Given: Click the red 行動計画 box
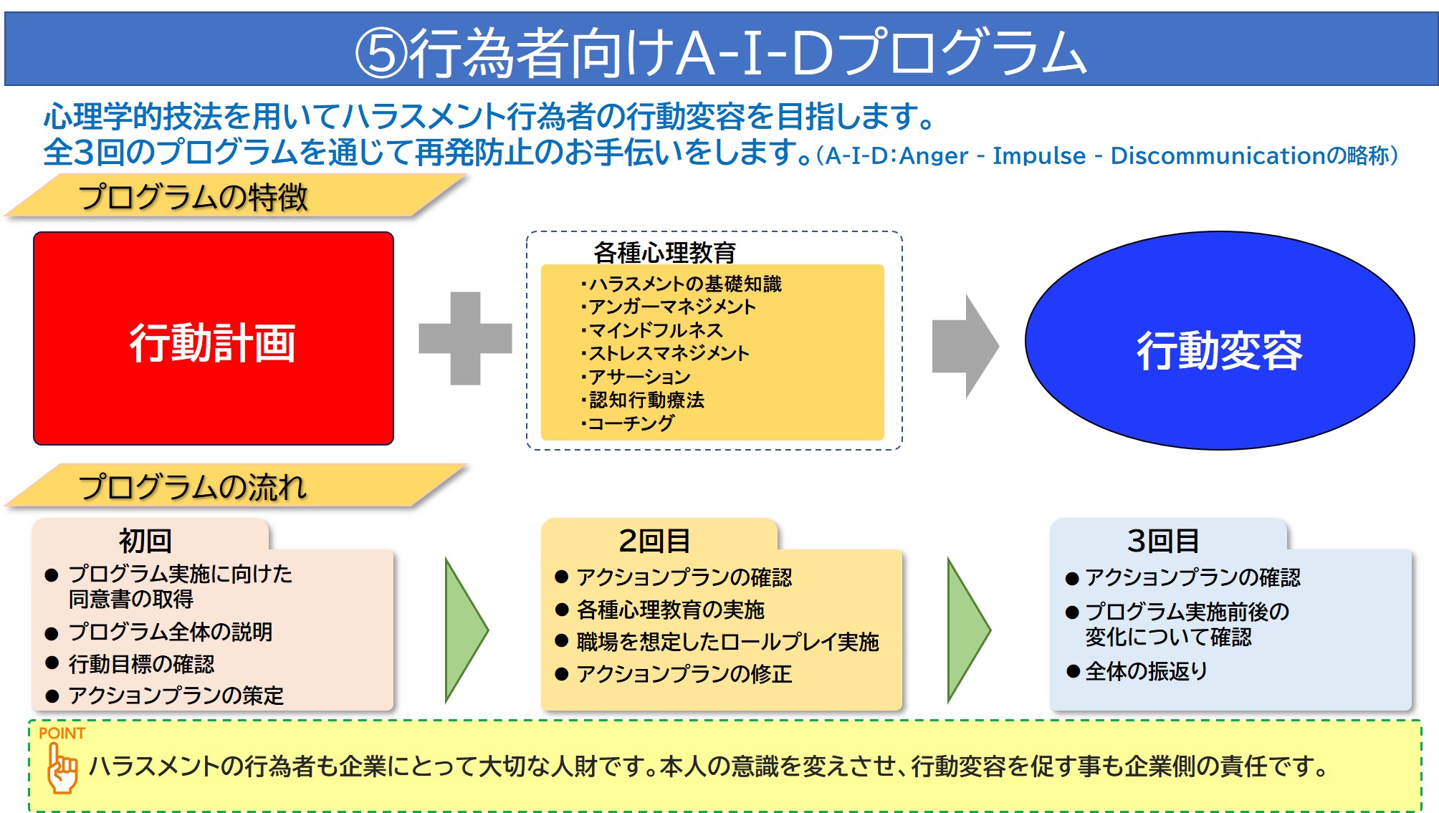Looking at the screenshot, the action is tap(214, 338).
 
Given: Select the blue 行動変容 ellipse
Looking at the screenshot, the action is tap(1220, 340).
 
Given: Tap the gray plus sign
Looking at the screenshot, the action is tap(465, 338).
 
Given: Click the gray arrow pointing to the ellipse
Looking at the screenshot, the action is tap(965, 346).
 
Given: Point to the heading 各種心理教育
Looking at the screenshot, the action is tap(665, 252).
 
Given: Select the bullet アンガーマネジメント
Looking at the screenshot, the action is tap(669, 307).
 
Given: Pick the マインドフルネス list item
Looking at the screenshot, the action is tap(652, 330).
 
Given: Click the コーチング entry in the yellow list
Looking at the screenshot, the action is tap(628, 423).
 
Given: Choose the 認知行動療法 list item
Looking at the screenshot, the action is tap(643, 400).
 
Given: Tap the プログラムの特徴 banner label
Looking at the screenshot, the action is tap(193, 197).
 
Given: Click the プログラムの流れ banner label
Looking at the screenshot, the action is tap(193, 487).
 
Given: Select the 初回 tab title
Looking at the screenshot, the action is tap(145, 541).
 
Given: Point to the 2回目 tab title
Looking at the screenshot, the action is tap(655, 541).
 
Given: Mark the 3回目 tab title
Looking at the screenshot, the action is tap(1164, 541).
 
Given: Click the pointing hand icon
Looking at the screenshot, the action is tap(62, 768).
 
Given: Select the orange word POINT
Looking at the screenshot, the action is tap(62, 733).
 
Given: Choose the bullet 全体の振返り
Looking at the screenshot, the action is tap(1146, 671).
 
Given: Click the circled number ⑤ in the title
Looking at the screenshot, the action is tap(381, 52).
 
